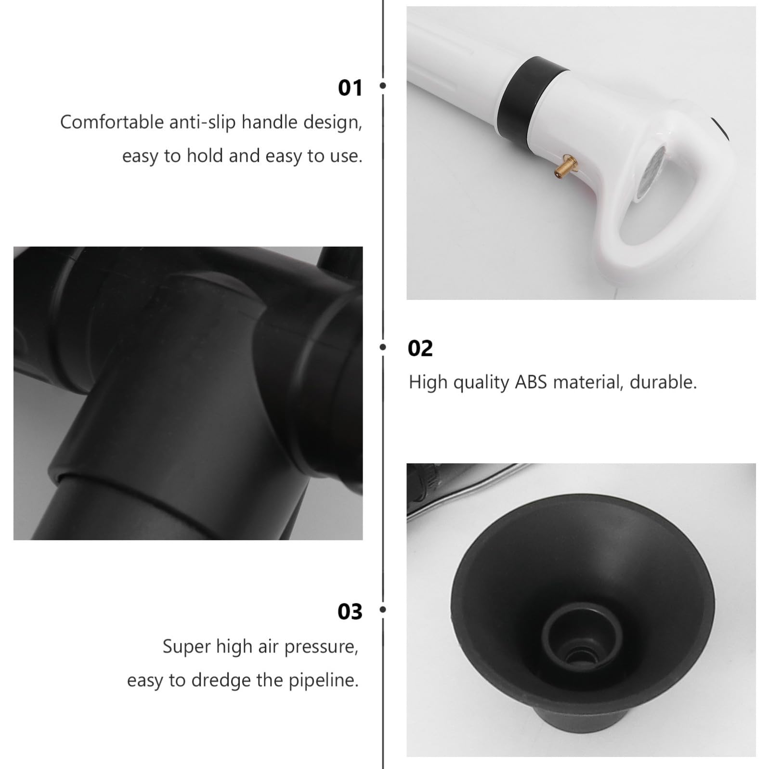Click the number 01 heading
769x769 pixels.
350,88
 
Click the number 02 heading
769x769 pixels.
420,349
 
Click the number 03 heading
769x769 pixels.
350,612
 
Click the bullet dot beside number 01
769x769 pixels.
383,86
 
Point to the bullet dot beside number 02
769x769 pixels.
383,347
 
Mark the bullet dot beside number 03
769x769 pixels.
383,610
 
